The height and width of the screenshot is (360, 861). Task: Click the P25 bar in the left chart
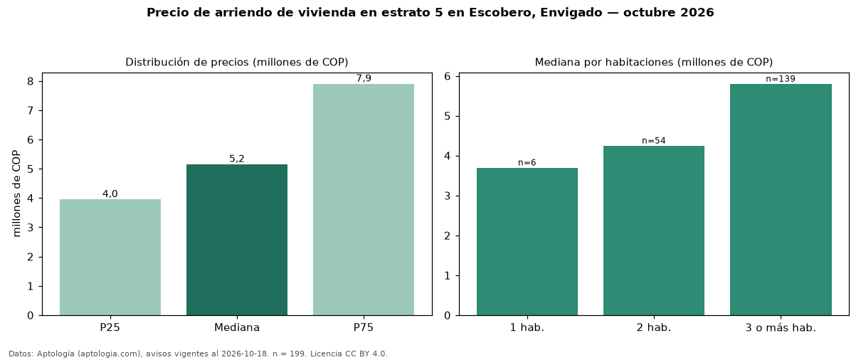(x=110, y=257)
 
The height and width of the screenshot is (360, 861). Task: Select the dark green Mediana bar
(x=237, y=240)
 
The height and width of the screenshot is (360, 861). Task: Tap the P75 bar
(x=364, y=199)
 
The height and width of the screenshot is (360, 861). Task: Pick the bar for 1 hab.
(x=527, y=242)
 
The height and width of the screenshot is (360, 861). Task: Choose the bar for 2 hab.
(x=654, y=231)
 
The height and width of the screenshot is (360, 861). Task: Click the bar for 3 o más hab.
(x=781, y=199)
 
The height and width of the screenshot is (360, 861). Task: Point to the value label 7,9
(x=364, y=78)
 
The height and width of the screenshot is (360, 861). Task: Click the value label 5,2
(x=237, y=159)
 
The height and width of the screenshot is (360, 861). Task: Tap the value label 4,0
(x=110, y=194)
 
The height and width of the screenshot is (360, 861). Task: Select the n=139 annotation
(x=781, y=79)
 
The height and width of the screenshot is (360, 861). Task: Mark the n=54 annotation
(x=654, y=141)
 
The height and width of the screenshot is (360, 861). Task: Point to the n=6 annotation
(x=527, y=162)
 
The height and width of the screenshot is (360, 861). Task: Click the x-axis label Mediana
(x=237, y=327)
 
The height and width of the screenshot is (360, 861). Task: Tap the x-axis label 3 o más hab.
(x=781, y=328)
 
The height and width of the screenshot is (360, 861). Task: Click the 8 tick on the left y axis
(x=31, y=81)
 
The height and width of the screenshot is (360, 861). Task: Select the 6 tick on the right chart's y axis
(x=448, y=76)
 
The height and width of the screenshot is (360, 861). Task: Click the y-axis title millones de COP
(x=16, y=194)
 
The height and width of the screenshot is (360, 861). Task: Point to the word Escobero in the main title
(x=501, y=12)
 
